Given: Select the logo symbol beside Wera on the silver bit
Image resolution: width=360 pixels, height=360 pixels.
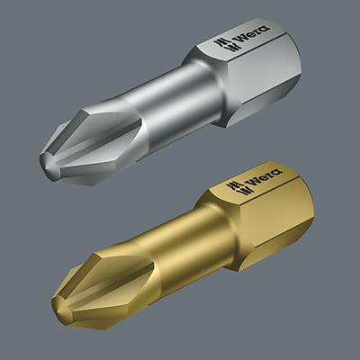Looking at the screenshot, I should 219,42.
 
